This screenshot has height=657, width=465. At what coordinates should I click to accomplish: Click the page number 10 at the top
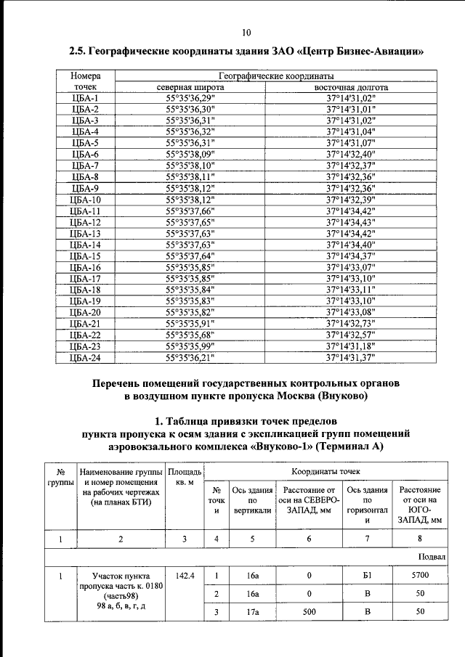click(246, 32)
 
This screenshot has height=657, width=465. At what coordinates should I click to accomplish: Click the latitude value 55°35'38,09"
click(190, 154)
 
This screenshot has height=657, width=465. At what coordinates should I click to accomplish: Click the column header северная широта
click(190, 87)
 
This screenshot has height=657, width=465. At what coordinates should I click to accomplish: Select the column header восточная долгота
click(350, 87)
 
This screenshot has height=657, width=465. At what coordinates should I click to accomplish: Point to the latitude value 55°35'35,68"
click(190, 335)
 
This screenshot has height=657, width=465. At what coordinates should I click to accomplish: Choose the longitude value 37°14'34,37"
click(350, 256)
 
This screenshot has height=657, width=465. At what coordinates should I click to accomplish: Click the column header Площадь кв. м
click(185, 477)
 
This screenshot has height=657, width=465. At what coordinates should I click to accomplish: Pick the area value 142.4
click(185, 575)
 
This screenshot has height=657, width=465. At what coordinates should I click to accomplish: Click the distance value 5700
click(420, 575)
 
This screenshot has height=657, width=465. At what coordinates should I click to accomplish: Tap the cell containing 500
click(309, 612)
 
